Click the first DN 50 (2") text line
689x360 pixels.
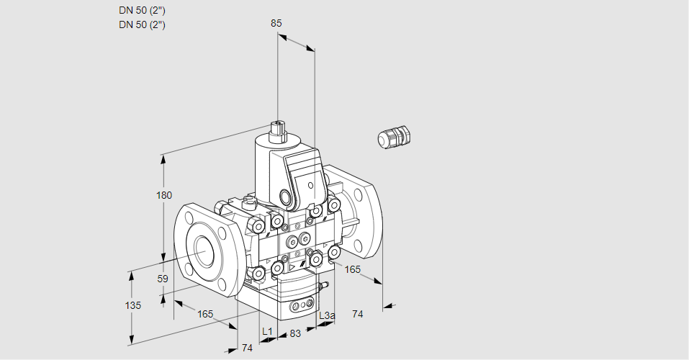click(x=142, y=10)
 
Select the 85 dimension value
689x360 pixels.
click(x=276, y=23)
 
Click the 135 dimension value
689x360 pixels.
click(x=133, y=305)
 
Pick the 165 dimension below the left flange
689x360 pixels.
click(x=205, y=314)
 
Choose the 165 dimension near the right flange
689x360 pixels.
click(x=352, y=269)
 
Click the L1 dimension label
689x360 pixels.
click(x=267, y=331)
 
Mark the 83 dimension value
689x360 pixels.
click(x=294, y=333)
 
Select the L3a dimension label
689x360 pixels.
click(x=326, y=315)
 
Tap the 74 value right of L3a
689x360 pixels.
click(x=357, y=314)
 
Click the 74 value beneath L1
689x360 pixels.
click(x=247, y=348)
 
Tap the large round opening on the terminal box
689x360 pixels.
click(x=287, y=197)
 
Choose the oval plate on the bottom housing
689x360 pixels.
click(x=299, y=307)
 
